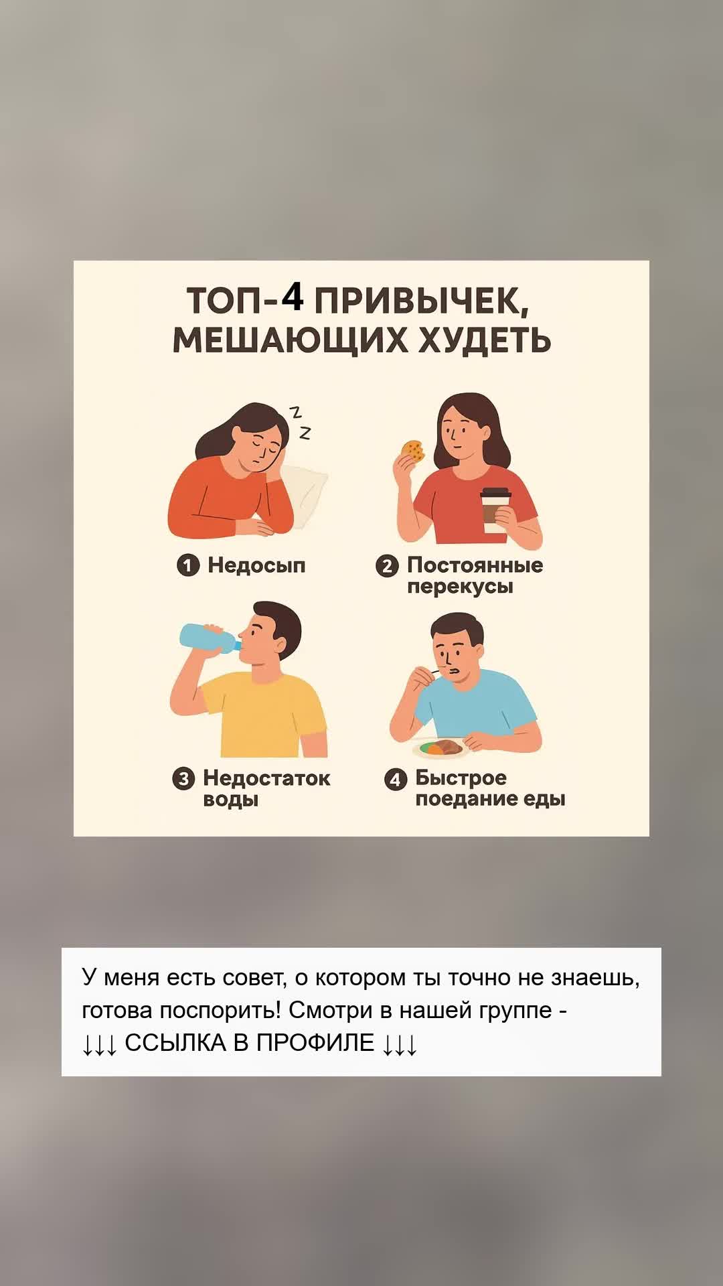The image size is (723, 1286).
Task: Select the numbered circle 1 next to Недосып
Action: point(188,565)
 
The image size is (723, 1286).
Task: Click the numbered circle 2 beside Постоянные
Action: point(387,566)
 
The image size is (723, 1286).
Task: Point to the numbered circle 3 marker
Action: point(183,779)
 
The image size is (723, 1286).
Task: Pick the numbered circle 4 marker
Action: point(396,779)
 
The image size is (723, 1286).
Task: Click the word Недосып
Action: point(256,565)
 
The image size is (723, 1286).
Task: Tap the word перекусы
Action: point(460,587)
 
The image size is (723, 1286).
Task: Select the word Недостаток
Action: point(266,778)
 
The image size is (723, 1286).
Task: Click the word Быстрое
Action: point(461,778)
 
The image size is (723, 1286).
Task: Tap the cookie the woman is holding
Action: point(412,451)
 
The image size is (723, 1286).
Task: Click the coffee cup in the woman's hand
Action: point(496,510)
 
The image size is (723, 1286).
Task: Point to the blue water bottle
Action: point(210,638)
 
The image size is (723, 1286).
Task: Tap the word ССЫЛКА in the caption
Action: point(175,1043)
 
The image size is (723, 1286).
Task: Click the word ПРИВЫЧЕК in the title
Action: point(422,301)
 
